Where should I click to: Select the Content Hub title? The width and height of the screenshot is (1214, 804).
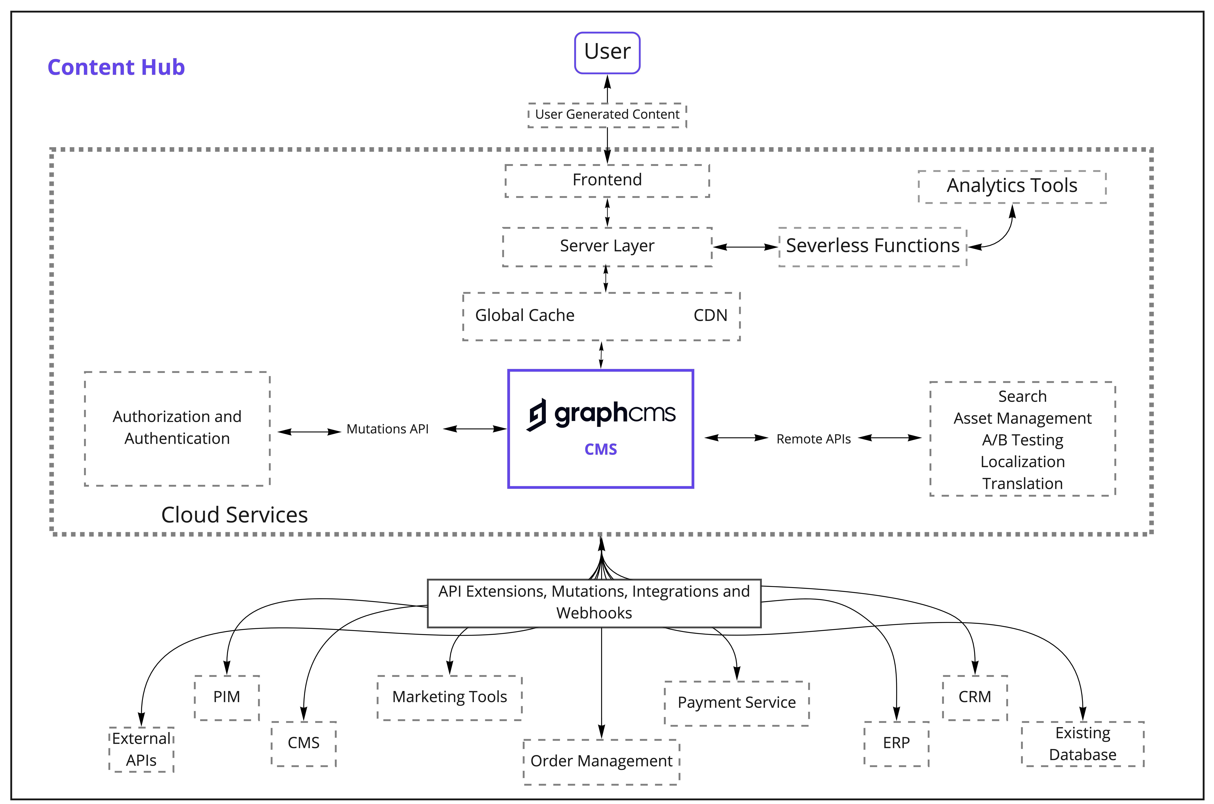[x=116, y=67]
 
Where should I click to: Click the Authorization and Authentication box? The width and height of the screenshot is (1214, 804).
[x=177, y=428]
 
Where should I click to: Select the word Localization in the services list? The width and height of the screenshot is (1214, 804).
[x=1022, y=462]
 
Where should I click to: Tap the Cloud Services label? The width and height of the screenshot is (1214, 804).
[x=234, y=515]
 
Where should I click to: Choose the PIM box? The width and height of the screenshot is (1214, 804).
[x=227, y=697]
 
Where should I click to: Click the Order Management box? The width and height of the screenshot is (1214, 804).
[x=601, y=761]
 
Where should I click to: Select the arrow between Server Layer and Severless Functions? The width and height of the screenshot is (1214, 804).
[x=745, y=247]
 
